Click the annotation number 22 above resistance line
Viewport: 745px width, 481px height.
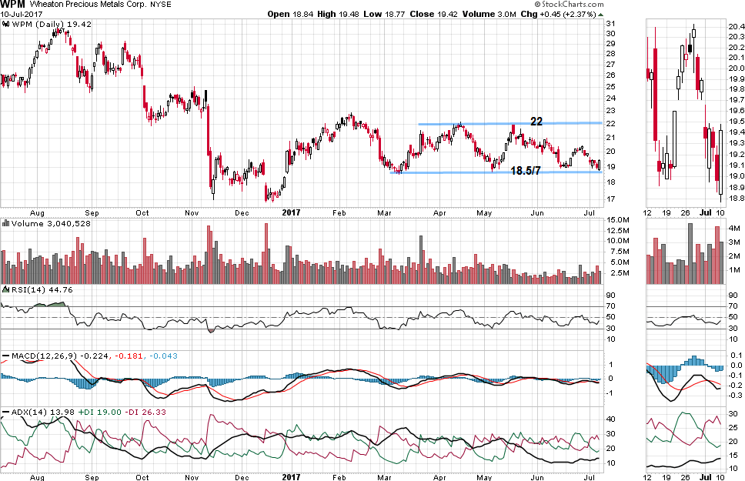[536, 121]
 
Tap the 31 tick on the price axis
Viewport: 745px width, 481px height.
[609, 24]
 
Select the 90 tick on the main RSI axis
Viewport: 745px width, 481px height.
[609, 295]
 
